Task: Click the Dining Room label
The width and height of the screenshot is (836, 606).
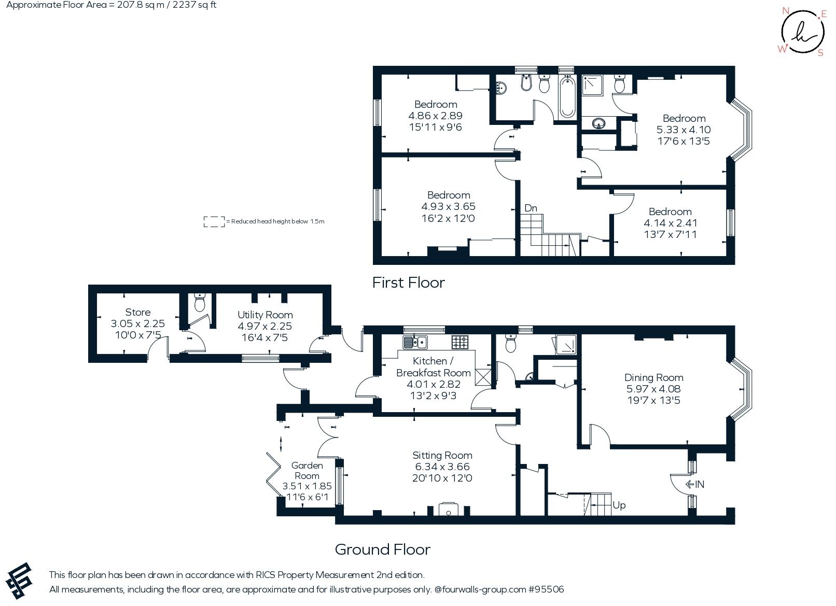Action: tap(653, 377)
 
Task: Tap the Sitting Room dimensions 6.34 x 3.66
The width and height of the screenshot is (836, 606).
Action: tap(442, 467)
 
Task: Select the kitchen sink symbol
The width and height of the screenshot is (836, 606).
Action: tap(415, 342)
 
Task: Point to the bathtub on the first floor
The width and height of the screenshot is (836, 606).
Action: tap(567, 97)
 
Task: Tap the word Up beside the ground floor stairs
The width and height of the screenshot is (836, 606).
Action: tap(619, 505)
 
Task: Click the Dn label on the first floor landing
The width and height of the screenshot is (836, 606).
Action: tap(531, 208)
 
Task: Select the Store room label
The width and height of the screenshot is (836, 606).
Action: tap(138, 312)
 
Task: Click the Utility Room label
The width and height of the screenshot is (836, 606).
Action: tap(265, 315)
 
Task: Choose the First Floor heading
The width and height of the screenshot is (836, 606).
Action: tap(409, 283)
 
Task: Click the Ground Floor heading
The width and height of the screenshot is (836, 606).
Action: tap(383, 549)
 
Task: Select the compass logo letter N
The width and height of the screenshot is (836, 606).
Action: tap(786, 10)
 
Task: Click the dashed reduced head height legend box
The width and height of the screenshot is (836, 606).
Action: tap(214, 221)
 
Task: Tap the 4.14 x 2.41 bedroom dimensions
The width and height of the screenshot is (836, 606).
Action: tap(670, 223)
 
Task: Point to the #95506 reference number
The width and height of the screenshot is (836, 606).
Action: tap(546, 589)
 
